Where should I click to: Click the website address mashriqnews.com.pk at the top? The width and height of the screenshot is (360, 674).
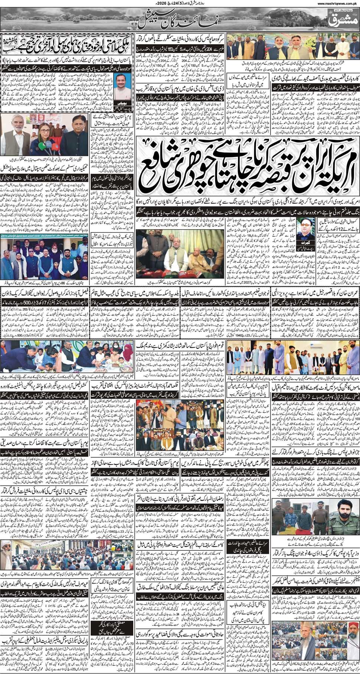pyautogui.click(x=336, y=4)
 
